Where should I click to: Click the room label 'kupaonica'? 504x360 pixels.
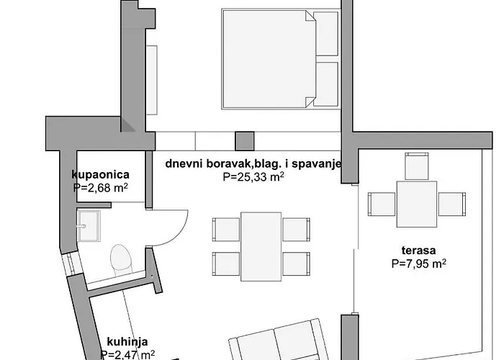tap(100, 174)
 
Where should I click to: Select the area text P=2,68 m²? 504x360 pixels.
tap(101, 188)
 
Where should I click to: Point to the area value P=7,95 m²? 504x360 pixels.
tap(418, 264)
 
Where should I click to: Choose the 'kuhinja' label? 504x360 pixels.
tap(118, 342)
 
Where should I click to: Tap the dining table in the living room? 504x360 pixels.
tap(260, 246)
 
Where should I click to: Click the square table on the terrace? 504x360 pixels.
tap(416, 203)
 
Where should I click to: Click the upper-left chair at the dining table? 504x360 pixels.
tap(225, 229)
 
